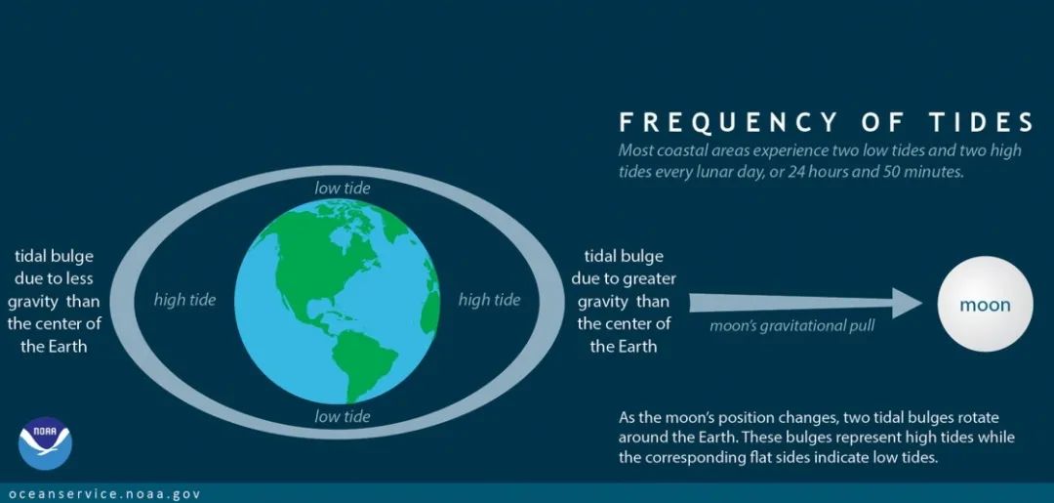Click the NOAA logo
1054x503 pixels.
[45, 443]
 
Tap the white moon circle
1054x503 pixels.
[985, 304]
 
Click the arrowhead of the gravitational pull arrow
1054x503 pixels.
[908, 303]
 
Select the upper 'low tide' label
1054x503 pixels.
[343, 188]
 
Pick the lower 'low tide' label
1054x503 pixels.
[343, 416]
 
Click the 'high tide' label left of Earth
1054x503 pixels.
[184, 300]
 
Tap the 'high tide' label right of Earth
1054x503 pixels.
[489, 300]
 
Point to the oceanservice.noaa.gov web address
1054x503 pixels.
[104, 494]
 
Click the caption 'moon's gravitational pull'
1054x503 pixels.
[792, 327]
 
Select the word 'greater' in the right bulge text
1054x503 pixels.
[651, 278]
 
